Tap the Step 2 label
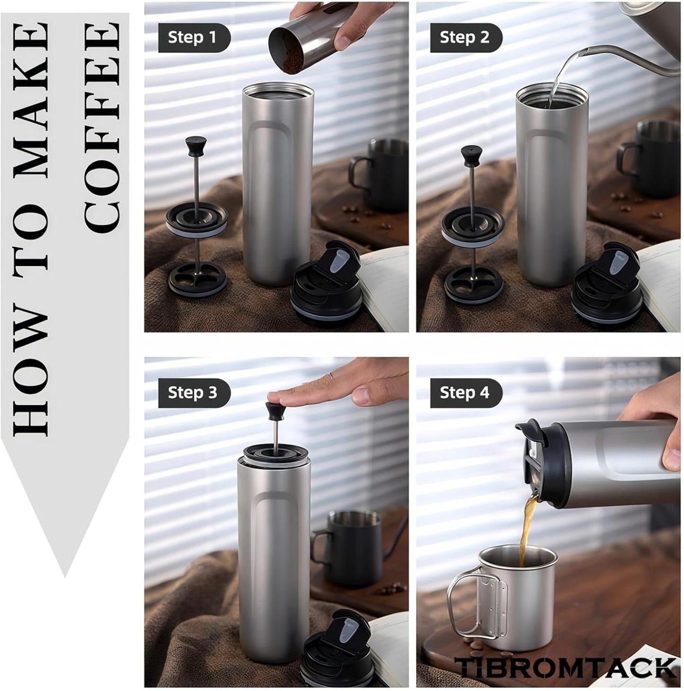tap(465, 37)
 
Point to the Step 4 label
tap(465, 393)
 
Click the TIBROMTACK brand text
tap(567, 667)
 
